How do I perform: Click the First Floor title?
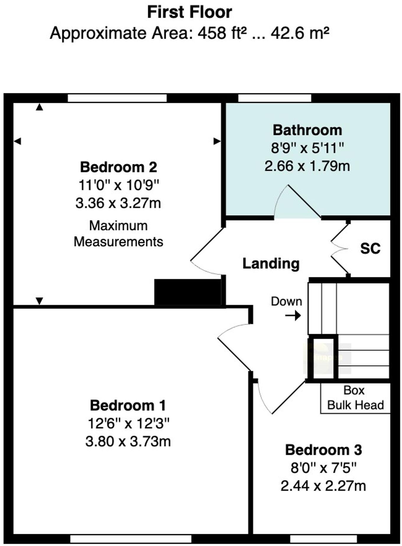click(189, 12)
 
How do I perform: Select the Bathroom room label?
click(307, 130)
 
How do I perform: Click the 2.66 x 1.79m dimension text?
click(307, 166)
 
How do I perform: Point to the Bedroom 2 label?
click(119, 167)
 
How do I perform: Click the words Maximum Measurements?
click(119, 234)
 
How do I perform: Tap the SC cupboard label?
click(370, 248)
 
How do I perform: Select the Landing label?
click(271, 264)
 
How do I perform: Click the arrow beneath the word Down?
click(293, 316)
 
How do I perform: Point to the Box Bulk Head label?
click(355, 398)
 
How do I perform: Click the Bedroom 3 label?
click(323, 450)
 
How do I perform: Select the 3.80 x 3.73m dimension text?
click(128, 442)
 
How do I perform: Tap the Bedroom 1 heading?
click(128, 405)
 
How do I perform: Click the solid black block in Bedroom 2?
click(188, 292)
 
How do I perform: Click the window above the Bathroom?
click(275, 98)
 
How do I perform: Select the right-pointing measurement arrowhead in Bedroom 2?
click(217, 142)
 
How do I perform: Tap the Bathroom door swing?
click(296, 202)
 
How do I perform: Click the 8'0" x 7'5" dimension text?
click(323, 468)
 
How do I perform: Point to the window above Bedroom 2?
click(117, 98)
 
